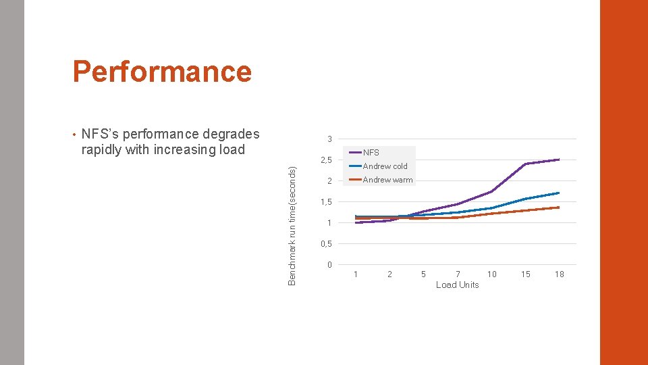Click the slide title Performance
tap(162, 71)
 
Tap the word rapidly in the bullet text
tap(101, 149)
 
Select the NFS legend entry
tap(371, 153)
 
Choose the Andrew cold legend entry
tap(385, 166)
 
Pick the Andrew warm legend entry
tap(387, 180)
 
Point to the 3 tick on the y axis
tap(329, 139)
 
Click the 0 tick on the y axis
tap(329, 264)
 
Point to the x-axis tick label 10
tap(492, 274)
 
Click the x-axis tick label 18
tap(560, 274)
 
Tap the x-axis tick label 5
tap(423, 274)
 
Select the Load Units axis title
tap(457, 285)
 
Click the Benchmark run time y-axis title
tap(292, 225)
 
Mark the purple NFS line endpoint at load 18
tap(559, 160)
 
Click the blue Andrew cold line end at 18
tap(559, 193)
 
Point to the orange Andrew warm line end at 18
tap(559, 208)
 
